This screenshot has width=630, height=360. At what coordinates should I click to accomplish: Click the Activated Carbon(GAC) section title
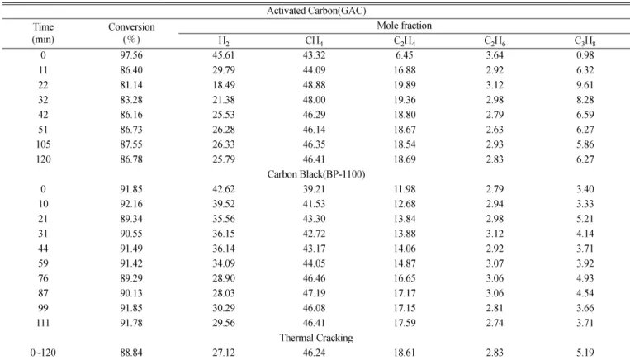tap(316, 11)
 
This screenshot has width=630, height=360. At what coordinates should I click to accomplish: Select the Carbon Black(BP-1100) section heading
tap(316, 174)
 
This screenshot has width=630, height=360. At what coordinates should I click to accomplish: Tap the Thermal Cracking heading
tap(316, 338)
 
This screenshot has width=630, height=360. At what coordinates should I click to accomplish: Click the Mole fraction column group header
tap(405, 26)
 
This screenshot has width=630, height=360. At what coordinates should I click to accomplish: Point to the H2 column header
tap(224, 41)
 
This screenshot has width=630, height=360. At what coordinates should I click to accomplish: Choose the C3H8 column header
tap(585, 41)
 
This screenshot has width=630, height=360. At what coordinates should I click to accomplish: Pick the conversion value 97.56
tap(131, 55)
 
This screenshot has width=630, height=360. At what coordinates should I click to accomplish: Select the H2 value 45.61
tap(224, 55)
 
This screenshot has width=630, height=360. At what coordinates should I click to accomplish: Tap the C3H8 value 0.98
tap(585, 55)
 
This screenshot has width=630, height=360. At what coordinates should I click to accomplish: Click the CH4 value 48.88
tap(315, 85)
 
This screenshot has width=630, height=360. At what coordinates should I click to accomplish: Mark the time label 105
tap(43, 144)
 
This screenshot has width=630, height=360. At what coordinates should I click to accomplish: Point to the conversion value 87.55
tap(131, 144)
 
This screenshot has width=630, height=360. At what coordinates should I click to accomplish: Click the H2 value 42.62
tap(224, 189)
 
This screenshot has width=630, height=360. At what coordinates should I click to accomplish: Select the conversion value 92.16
tap(131, 204)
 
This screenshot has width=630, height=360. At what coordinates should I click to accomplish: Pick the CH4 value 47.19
tap(315, 293)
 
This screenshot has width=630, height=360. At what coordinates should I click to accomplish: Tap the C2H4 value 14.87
tap(405, 263)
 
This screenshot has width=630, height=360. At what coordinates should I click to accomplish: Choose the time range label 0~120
tap(43, 353)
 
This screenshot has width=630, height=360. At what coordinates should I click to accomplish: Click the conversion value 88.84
tap(131, 353)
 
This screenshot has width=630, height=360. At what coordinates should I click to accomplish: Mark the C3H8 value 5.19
tap(585, 353)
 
